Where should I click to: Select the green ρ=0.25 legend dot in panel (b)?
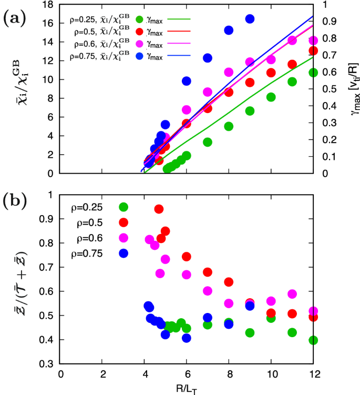[124, 207]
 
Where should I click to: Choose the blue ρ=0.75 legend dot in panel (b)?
[124, 253]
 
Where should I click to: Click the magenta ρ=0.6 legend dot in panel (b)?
[124, 238]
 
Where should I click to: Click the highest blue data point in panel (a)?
[250, 19]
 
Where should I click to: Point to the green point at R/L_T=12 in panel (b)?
[313, 340]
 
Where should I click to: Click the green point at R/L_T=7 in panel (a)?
[208, 142]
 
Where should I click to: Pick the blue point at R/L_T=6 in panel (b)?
[187, 338]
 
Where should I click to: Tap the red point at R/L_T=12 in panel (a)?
[313, 50]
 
